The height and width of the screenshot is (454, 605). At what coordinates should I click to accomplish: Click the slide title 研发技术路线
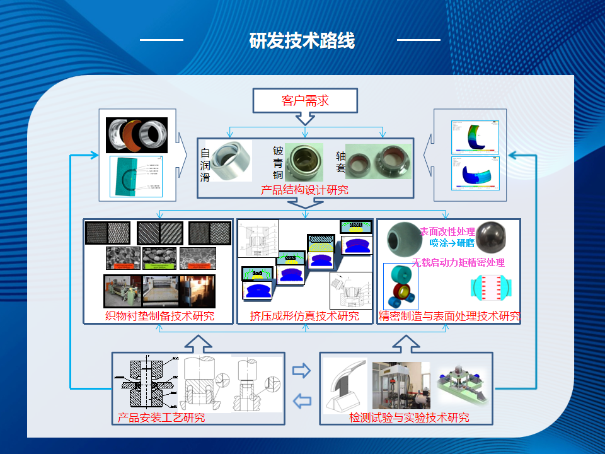coord(302,41)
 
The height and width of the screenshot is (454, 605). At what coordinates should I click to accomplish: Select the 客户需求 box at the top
coord(305,100)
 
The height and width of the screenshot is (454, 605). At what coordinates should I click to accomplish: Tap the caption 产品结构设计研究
coord(304,189)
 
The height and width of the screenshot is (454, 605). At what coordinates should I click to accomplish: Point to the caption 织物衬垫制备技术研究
coord(159,316)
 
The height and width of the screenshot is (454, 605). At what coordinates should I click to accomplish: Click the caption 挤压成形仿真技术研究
coord(304,316)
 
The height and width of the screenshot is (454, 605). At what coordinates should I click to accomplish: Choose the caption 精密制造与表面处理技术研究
coord(449,316)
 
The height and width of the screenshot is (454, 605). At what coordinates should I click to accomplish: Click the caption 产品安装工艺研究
coord(161,417)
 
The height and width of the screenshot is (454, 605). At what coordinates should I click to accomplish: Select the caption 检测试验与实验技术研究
coord(409,417)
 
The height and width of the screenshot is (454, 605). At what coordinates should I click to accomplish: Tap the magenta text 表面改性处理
coord(447,231)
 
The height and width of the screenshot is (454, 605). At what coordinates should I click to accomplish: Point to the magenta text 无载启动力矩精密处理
coord(458,262)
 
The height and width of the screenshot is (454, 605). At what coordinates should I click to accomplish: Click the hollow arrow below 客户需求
coord(305,118)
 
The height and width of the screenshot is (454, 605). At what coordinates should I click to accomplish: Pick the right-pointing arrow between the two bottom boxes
coord(302,370)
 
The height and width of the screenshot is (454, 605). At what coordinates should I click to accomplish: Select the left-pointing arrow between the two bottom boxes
coord(303,400)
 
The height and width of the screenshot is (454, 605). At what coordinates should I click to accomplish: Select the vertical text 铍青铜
coord(278,163)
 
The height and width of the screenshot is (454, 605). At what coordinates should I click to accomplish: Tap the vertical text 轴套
coord(341,163)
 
